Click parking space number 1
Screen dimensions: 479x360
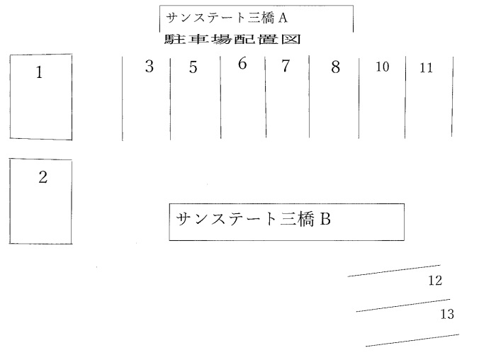[x=41, y=97]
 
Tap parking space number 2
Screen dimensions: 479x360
[x=40, y=201]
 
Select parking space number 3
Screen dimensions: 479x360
[x=147, y=99]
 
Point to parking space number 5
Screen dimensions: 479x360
[x=196, y=99]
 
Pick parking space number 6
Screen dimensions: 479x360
[x=243, y=98]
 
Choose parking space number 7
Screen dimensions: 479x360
[x=288, y=97]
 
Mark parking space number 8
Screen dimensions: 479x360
[x=334, y=97]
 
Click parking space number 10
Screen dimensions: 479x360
[x=382, y=97]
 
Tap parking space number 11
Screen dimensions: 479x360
[x=429, y=96]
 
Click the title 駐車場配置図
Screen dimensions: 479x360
[x=232, y=40]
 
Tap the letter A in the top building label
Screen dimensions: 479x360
[x=283, y=18]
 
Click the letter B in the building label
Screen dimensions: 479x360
[x=326, y=219]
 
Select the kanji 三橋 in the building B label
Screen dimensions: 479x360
[x=296, y=219]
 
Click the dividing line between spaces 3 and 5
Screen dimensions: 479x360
[x=170, y=99]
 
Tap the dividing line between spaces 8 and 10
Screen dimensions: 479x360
[x=359, y=97]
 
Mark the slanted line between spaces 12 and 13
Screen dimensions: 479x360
[x=403, y=305]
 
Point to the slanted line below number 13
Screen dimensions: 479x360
[x=412, y=340]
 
